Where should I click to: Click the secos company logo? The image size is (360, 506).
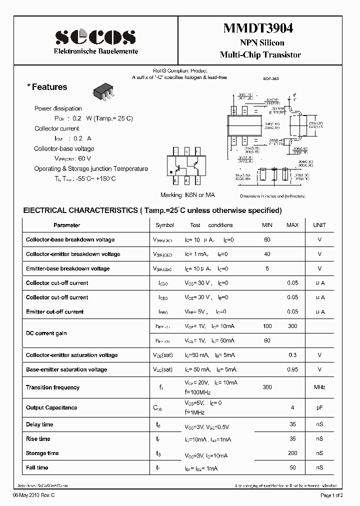[95, 37]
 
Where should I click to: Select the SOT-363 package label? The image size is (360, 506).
[270, 78]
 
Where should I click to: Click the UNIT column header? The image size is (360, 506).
[319, 225]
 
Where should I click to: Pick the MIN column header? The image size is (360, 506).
[267, 225]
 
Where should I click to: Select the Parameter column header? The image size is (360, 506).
[66, 225]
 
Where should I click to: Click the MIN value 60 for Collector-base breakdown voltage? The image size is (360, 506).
[267, 239]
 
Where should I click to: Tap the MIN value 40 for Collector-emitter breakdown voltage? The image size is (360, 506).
[267, 254]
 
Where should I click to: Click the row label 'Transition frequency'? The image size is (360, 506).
[52, 387]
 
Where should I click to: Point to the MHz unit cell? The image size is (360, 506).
[319, 387]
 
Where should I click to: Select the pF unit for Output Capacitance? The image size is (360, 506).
[319, 407]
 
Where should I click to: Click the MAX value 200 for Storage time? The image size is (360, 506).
[292, 453]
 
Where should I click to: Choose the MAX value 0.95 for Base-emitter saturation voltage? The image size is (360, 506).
[292, 369]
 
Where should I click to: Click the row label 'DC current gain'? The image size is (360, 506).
[46, 333]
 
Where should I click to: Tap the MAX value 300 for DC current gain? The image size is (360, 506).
[292, 326]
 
